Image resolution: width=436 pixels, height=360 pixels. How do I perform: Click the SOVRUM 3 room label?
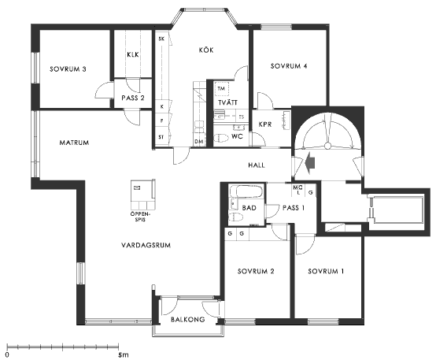click(x=68, y=69)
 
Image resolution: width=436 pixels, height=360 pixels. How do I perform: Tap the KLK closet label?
click(x=133, y=54)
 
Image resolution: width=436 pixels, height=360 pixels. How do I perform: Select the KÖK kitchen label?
click(x=206, y=50)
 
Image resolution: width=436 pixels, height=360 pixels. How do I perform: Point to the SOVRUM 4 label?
click(x=289, y=66)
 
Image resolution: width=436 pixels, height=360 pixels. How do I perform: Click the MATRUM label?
click(x=74, y=143)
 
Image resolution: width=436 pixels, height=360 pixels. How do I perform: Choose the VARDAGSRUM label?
click(x=146, y=245)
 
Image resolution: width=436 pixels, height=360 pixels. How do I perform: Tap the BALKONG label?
click(x=187, y=319)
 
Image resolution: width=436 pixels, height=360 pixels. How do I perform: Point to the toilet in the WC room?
click(x=221, y=138)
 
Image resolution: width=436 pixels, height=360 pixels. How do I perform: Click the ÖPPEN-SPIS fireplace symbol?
click(x=143, y=195)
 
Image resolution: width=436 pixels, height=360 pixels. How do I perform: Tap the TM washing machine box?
click(x=221, y=89)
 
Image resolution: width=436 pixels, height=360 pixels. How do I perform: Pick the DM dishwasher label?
click(x=199, y=142)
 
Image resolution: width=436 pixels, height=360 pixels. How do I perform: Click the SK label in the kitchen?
click(x=161, y=39)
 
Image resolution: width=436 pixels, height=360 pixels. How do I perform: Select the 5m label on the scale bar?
click(x=124, y=355)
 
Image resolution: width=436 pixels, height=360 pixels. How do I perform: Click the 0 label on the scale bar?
click(x=7, y=355)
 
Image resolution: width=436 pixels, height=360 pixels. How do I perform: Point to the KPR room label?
click(x=265, y=124)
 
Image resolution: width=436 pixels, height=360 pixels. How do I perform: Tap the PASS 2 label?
click(x=133, y=98)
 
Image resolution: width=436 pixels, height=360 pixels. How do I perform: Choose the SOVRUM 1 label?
click(x=326, y=271)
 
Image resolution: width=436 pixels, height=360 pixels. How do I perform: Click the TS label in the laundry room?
click(x=242, y=117)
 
